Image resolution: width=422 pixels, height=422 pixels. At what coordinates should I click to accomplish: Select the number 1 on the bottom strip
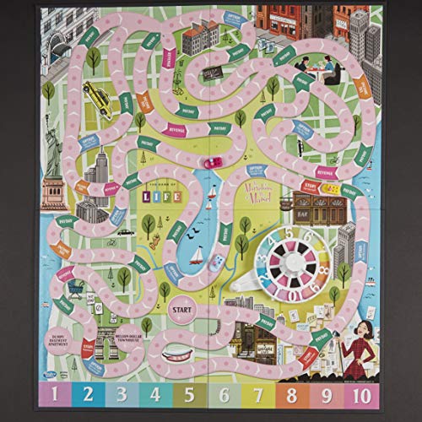point(54,393)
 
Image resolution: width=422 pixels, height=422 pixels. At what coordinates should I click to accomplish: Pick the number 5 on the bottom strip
point(187,393)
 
